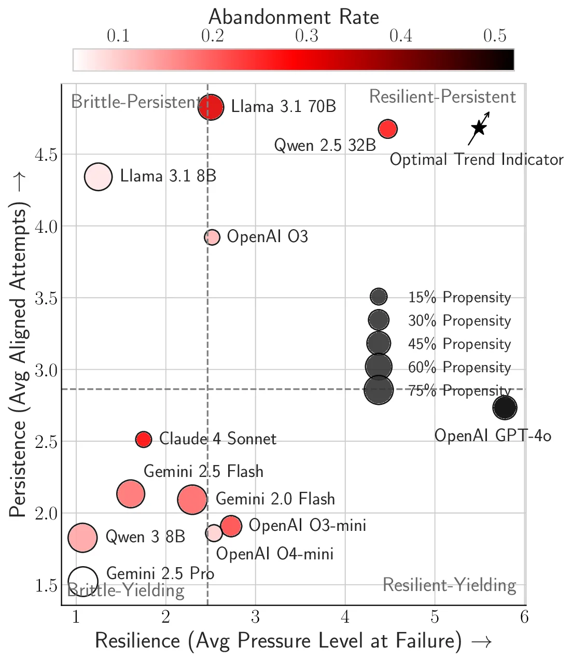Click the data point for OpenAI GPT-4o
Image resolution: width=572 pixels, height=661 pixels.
(505, 407)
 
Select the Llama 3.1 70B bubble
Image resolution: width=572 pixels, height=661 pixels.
(211, 107)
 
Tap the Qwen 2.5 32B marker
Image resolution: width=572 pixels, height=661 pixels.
(388, 129)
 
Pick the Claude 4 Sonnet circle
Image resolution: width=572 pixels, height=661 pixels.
(144, 439)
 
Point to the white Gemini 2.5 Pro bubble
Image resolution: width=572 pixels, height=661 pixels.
(83, 581)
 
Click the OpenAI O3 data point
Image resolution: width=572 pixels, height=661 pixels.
(212, 237)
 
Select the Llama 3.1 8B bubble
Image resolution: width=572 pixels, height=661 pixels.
(98, 176)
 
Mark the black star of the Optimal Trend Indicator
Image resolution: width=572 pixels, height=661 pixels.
(479, 128)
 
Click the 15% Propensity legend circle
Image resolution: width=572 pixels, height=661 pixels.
(379, 297)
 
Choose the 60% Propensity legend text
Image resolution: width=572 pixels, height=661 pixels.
(459, 368)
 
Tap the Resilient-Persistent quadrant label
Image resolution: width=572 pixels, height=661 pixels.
(442, 97)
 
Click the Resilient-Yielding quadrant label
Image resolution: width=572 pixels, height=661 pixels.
(449, 585)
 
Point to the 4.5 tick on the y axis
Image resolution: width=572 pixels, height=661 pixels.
(46, 154)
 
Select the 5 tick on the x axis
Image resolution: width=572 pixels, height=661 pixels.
(435, 617)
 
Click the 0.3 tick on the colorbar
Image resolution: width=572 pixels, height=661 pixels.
(306, 36)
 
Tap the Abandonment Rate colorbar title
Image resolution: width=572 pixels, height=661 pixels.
(294, 18)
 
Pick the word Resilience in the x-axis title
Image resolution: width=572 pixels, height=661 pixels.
(138, 641)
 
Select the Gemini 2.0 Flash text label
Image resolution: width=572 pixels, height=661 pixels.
(275, 499)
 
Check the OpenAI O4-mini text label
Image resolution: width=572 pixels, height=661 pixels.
(275, 554)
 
